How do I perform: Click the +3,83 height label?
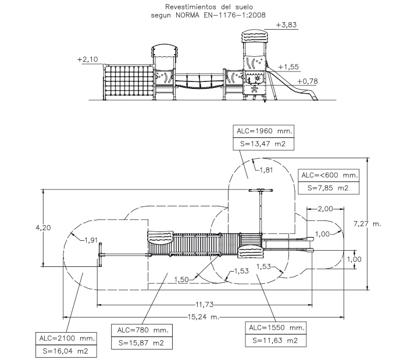pyautogui.click(x=286, y=25)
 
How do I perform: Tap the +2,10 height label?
pyautogui.click(x=88, y=59)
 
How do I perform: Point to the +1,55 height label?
pyautogui.click(x=288, y=67)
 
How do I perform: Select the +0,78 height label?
pyautogui.click(x=308, y=81)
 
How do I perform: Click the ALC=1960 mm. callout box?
pyautogui.click(x=263, y=131)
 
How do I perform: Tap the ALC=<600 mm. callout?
pyautogui.click(x=329, y=176)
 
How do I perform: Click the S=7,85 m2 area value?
pyautogui.click(x=328, y=188)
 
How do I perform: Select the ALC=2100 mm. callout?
pyautogui.click(x=66, y=338)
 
